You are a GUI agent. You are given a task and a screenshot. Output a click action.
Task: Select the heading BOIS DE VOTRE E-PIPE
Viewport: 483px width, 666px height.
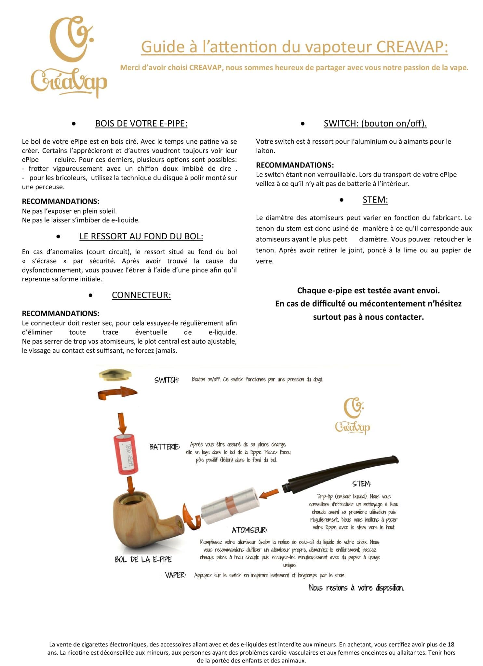click(x=141, y=124)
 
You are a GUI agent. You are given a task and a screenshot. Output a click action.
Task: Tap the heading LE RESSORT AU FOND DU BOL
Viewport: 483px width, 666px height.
click(x=141, y=236)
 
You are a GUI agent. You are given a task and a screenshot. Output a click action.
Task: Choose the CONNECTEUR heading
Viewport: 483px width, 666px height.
click(x=141, y=295)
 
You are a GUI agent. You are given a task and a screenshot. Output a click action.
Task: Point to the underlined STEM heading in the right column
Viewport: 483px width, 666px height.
click(x=375, y=200)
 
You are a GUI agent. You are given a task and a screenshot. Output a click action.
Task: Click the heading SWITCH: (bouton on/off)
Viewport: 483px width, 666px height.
click(x=375, y=124)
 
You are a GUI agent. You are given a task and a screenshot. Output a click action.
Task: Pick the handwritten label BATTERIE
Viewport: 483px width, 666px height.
click(x=164, y=447)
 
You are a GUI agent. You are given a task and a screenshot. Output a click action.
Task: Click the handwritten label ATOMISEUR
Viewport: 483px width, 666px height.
click(x=249, y=530)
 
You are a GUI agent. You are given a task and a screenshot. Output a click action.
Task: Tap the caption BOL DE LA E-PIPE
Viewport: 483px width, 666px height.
click(x=143, y=559)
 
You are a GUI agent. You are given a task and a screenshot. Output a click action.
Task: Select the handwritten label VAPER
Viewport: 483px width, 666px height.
click(x=175, y=575)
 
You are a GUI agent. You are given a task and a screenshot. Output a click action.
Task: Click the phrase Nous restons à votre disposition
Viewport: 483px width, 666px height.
click(x=356, y=588)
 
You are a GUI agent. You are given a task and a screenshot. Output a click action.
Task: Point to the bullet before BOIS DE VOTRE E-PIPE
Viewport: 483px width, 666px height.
click(x=74, y=124)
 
